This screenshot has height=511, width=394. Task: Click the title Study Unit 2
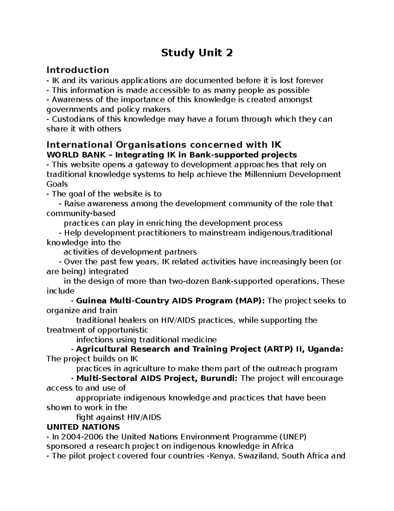(x=197, y=53)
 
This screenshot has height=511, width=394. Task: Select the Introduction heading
(x=78, y=70)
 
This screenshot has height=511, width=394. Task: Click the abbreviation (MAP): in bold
(x=250, y=301)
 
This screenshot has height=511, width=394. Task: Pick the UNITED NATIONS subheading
(x=83, y=427)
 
